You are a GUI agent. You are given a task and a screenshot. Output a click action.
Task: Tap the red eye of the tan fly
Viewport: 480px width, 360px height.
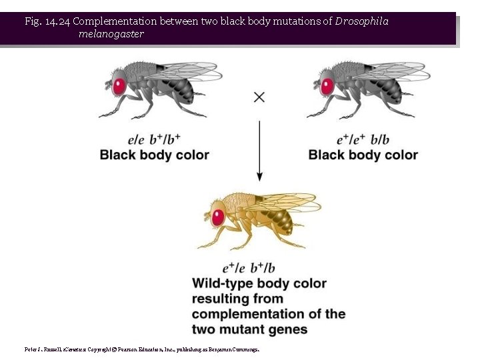pyautogui.click(x=219, y=217)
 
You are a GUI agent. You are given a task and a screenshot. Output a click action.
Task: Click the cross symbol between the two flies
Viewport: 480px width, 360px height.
pyautogui.click(x=259, y=97)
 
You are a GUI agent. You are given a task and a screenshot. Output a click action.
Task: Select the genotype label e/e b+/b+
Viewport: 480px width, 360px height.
pyautogui.click(x=154, y=139)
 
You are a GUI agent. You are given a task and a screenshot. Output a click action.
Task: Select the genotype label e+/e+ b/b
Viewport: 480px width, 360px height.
pyautogui.click(x=363, y=139)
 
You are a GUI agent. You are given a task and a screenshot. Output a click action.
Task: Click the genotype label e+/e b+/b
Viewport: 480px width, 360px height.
pyautogui.click(x=249, y=268)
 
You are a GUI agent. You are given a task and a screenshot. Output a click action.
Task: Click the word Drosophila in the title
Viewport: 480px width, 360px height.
pyautogui.click(x=362, y=21)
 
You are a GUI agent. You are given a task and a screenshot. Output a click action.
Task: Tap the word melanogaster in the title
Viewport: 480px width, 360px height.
pyautogui.click(x=111, y=34)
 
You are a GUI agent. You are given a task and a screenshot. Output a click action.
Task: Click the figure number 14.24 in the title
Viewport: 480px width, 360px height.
pyautogui.click(x=57, y=21)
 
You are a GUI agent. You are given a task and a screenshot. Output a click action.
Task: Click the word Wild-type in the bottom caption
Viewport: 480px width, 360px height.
pyautogui.click(x=223, y=284)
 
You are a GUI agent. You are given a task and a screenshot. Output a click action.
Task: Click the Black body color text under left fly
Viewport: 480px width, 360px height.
pyautogui.click(x=154, y=155)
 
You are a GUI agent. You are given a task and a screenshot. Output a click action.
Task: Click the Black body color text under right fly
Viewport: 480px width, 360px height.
pyautogui.click(x=363, y=155)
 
